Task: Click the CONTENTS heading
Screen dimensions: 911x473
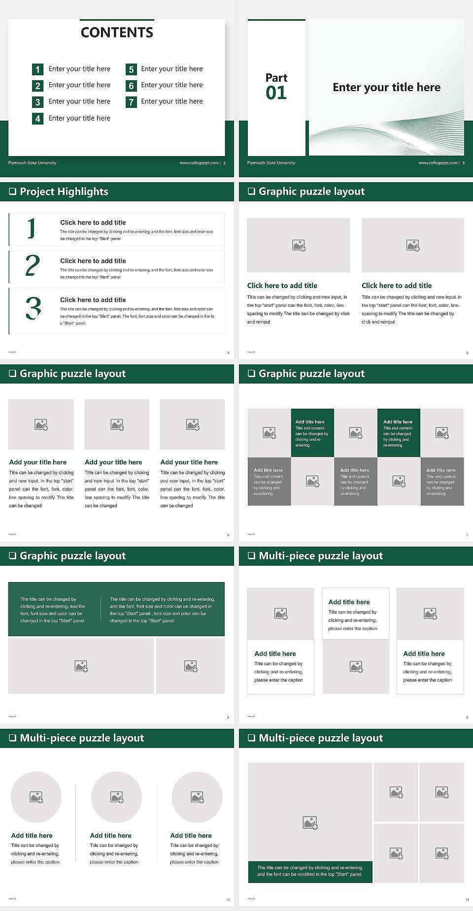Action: pos(117,33)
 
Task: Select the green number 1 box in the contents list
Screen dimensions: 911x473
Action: pos(37,69)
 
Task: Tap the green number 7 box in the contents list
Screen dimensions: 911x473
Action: pos(131,102)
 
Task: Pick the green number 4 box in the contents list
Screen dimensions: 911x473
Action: pos(37,119)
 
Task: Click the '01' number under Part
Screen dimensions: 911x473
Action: pos(276,93)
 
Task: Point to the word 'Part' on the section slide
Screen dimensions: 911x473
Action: pos(276,78)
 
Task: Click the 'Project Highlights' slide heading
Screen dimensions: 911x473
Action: pos(64,192)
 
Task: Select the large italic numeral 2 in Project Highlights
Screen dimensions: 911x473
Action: pos(33,265)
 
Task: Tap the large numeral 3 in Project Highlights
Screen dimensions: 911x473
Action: pos(33,309)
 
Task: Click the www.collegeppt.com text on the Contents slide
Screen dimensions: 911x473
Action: pos(199,163)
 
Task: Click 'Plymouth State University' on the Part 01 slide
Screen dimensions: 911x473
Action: pos(271,163)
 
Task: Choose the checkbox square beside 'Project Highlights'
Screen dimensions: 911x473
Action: pos(12,192)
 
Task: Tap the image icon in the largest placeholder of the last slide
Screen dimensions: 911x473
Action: pos(310,822)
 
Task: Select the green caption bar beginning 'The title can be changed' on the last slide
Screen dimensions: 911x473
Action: pos(310,871)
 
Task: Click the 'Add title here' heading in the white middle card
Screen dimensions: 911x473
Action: pos(349,602)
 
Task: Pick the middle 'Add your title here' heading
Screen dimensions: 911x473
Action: pos(113,462)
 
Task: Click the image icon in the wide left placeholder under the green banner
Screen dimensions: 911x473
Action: pos(81,666)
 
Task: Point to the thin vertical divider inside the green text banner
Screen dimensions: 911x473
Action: pos(101,610)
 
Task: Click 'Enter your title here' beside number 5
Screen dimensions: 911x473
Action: pos(171,69)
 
